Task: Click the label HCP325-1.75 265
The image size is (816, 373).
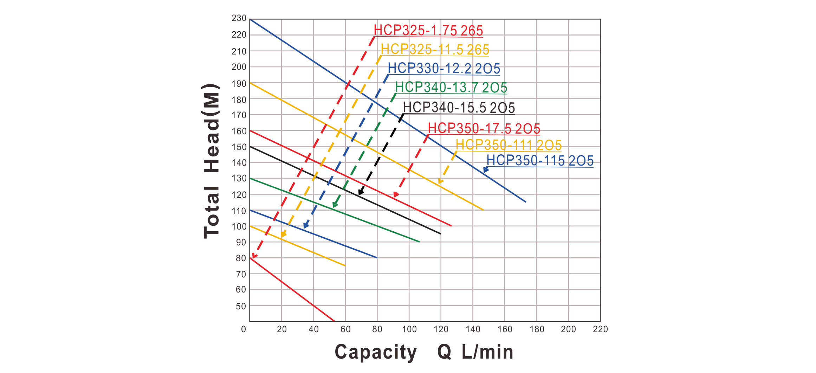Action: pyautogui.click(x=428, y=31)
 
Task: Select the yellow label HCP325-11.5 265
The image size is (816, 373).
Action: pyautogui.click(x=435, y=50)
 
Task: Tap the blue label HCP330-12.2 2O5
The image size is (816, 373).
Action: pyautogui.click(x=444, y=69)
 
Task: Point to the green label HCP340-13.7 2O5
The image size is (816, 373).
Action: pyautogui.click(x=451, y=88)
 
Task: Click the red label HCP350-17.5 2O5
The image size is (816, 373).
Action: pyautogui.click(x=484, y=129)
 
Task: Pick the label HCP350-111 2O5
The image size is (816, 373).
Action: pyautogui.click(x=509, y=145)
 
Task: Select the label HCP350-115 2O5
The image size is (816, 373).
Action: pyautogui.click(x=540, y=161)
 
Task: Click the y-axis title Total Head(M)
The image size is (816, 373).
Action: pyautogui.click(x=212, y=162)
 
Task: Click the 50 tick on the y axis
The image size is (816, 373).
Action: pyautogui.click(x=241, y=306)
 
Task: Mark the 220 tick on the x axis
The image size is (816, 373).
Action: pyautogui.click(x=600, y=329)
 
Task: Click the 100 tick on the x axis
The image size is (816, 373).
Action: pyautogui.click(x=409, y=329)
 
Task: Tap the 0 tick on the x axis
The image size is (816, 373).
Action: pyautogui.click(x=244, y=329)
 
